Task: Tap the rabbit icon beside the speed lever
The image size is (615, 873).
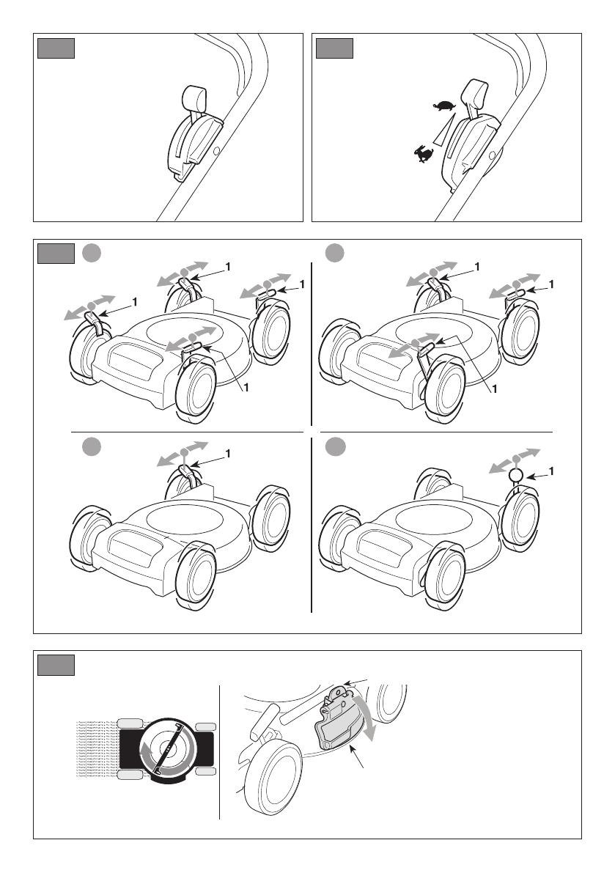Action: tap(422, 154)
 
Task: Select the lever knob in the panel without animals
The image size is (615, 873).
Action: tap(194, 96)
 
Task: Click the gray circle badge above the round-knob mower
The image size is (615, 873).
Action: tap(335, 446)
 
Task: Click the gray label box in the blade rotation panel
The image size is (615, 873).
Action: tap(56, 664)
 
